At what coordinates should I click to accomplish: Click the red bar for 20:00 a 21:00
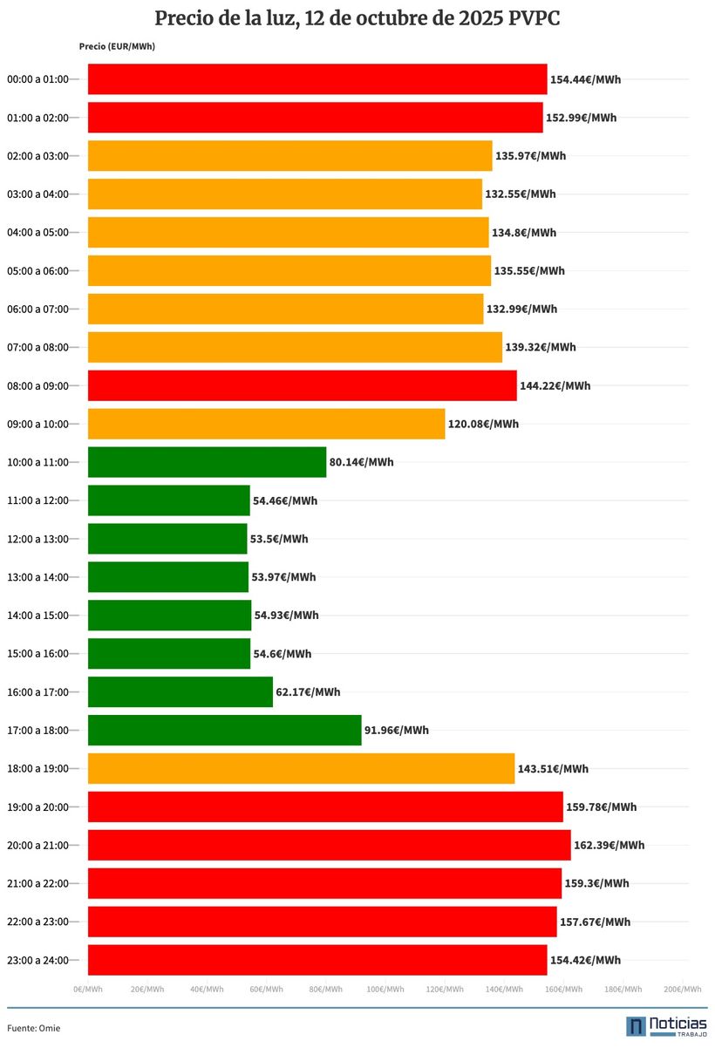pos(330,845)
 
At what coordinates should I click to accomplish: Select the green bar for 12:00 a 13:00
pos(167,539)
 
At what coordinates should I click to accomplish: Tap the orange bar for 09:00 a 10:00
pos(266,424)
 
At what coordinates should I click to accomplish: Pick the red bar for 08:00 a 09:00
pos(302,385)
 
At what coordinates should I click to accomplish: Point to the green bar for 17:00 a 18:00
pos(224,730)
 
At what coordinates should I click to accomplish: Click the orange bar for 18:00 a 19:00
pos(301,768)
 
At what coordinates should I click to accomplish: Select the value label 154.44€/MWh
pos(585,79)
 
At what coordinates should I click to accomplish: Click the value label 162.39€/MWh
pos(609,845)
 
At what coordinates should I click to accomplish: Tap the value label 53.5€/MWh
pos(278,539)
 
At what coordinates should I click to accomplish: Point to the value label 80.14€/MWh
pos(361,462)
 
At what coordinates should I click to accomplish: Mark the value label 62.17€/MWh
pos(308,692)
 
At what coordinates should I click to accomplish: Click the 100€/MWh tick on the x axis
pos(385,990)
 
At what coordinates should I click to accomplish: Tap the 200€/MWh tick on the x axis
pos(682,990)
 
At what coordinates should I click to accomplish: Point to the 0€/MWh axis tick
pos(88,990)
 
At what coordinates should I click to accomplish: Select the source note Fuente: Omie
pos(34,1028)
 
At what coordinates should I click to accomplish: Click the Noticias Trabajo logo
pos(666,1026)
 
